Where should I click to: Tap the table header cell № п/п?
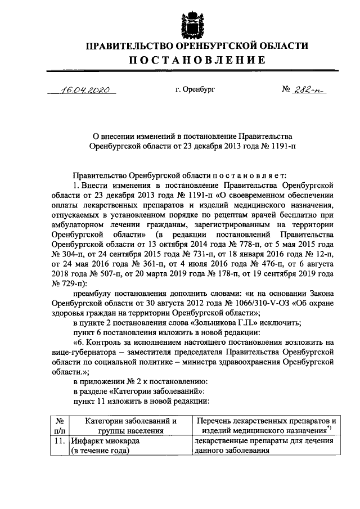pyautogui.click(x=59, y=425)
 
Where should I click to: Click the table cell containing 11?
pyautogui.click(x=59, y=442)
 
